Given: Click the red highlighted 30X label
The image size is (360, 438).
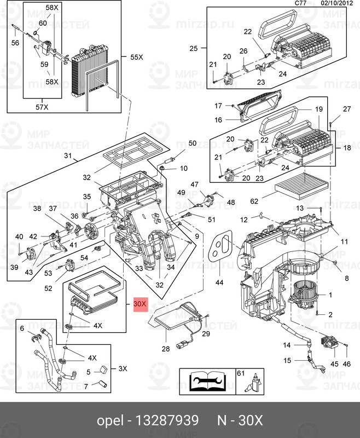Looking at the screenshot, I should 140,303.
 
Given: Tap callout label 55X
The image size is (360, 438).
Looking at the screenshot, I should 136,57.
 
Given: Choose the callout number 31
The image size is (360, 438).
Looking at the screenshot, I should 68,156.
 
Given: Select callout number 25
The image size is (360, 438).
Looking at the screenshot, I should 193,49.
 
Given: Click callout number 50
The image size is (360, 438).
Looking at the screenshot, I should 192,143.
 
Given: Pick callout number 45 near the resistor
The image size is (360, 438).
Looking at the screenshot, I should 334,364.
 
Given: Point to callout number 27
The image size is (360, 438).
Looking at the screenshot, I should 346,109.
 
